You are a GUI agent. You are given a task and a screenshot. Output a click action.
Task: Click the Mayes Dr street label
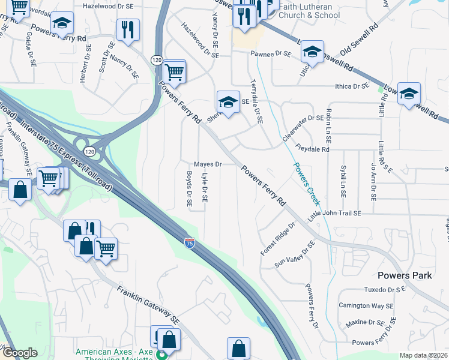coord(208,164)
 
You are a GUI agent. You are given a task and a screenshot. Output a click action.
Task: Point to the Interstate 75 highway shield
coord(189,242)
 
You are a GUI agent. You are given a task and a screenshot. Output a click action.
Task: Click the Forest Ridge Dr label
coord(278,239)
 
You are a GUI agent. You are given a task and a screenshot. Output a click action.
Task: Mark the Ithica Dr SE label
coord(352,86)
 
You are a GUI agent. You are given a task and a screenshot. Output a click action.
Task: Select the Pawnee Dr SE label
coord(270,54)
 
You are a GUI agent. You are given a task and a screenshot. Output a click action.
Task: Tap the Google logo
coord(20,353)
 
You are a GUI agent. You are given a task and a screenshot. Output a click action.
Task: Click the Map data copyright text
coord(424,355)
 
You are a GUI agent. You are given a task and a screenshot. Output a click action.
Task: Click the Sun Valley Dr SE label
coord(295,254)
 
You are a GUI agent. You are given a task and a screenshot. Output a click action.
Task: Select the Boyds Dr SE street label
coord(189,190)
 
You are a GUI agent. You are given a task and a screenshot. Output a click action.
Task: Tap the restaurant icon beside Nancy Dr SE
coord(128,30)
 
